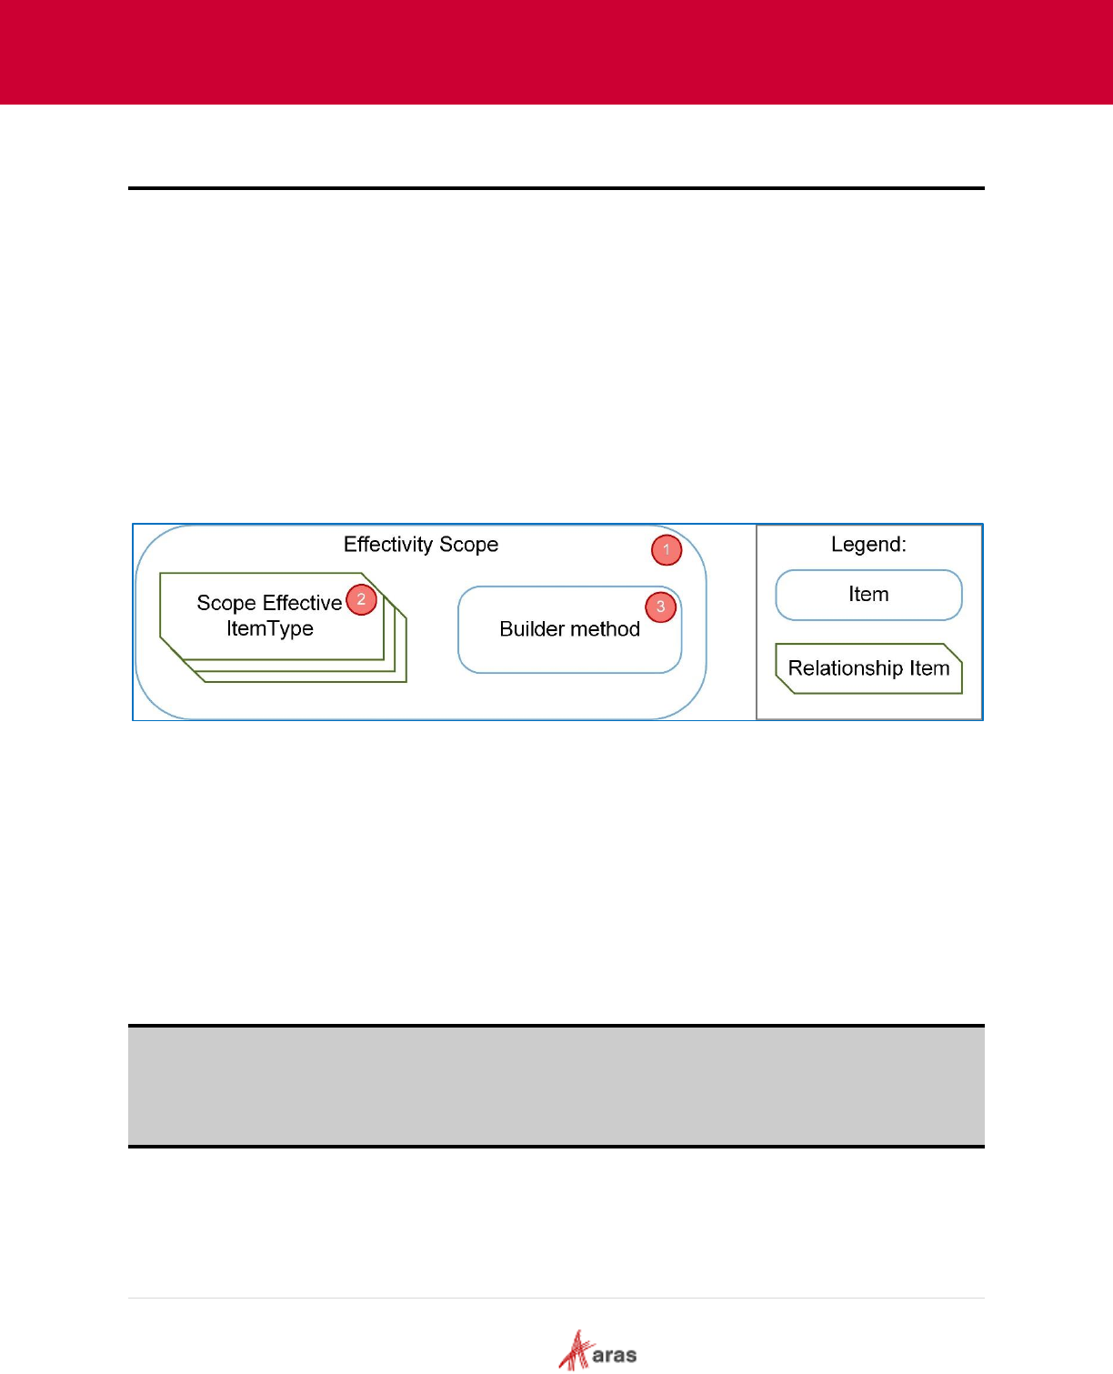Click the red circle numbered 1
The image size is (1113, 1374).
tap(667, 550)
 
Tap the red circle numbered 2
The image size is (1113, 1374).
tap(361, 599)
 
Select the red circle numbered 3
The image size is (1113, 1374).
tap(661, 607)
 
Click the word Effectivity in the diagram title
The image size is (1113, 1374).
tap(388, 545)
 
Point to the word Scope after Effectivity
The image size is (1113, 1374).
tap(469, 545)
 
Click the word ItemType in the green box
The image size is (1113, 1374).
tap(270, 628)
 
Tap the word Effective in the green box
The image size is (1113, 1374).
tap(302, 603)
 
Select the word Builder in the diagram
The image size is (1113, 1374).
tap(532, 629)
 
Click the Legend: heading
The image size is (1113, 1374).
tap(868, 545)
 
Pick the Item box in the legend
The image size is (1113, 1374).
tap(868, 595)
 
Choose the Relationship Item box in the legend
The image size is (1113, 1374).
tap(868, 668)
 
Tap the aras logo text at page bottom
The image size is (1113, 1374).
tap(615, 1356)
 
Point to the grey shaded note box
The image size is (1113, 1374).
tap(556, 1086)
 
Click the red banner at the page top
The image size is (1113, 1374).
tap(556, 52)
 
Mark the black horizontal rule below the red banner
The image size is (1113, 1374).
tap(556, 188)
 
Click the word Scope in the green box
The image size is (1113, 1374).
tap(226, 603)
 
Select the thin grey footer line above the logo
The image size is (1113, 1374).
tap(556, 1298)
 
